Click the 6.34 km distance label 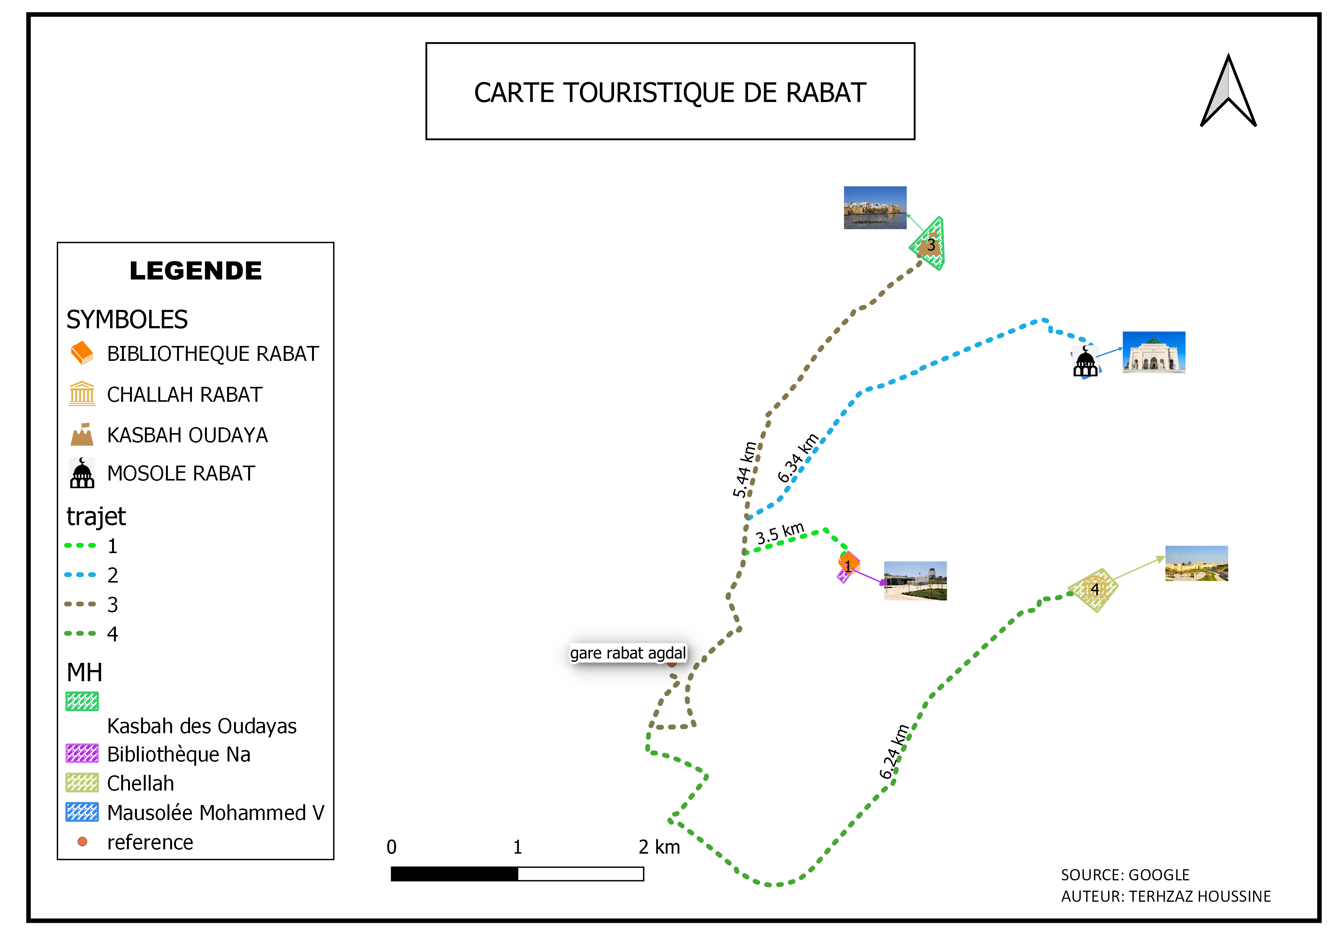point(798,458)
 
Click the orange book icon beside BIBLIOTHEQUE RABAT point(82,353)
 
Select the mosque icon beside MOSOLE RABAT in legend point(82,473)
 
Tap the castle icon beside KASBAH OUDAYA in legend point(82,434)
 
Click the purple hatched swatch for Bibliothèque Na point(82,753)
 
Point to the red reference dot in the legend point(82,842)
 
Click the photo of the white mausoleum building point(1154,352)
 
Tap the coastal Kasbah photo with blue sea point(875,208)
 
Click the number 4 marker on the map point(1094,589)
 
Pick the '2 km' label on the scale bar point(659,847)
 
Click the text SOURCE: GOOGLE point(1125,875)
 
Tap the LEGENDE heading point(196,271)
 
